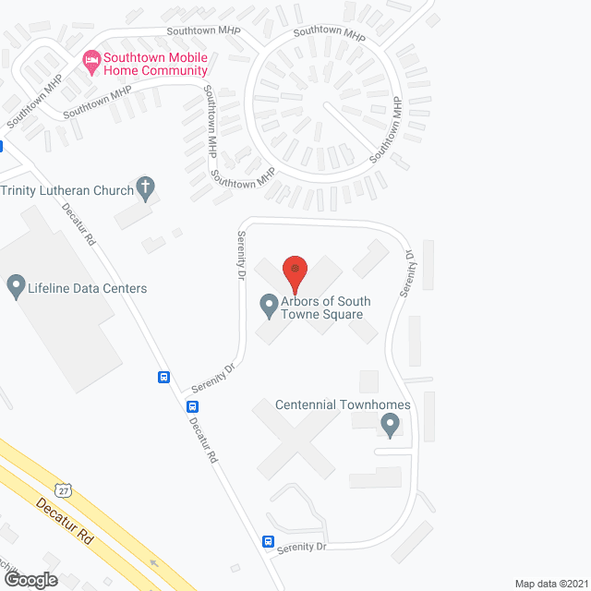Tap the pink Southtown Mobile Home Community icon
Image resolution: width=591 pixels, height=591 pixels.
pyautogui.click(x=91, y=63)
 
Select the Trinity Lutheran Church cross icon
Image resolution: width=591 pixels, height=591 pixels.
pyautogui.click(x=145, y=188)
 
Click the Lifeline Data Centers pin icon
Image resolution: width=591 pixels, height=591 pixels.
pyautogui.click(x=16, y=287)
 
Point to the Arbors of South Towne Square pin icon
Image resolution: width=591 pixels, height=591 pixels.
pyautogui.click(x=269, y=303)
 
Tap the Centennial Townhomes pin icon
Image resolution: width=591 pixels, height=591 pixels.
pyautogui.click(x=390, y=425)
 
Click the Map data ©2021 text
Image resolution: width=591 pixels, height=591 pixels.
pyautogui.click(x=550, y=583)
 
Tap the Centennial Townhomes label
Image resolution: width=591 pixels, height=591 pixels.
pyautogui.click(x=343, y=405)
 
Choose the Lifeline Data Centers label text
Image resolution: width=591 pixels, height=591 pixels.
pyautogui.click(x=88, y=288)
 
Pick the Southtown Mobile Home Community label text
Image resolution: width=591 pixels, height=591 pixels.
pyautogui.click(x=154, y=64)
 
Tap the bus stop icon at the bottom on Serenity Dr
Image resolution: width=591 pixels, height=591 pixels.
pyautogui.click(x=269, y=542)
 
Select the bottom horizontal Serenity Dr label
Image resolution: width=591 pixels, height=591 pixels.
pyautogui.click(x=302, y=548)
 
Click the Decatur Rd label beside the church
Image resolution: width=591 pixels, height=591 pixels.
pyautogui.click(x=78, y=224)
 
